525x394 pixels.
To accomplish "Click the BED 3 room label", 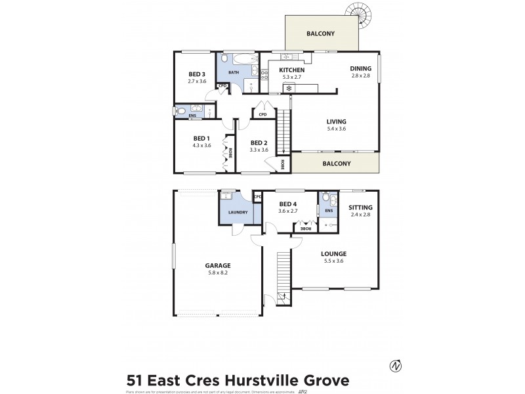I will coord(197,74).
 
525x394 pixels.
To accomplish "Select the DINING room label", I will coord(360,68).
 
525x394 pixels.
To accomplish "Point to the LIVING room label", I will coord(336,121).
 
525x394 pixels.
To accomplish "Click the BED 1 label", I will coord(201,138).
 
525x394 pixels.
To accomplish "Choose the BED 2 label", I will coord(259,142).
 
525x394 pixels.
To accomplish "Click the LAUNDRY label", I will coord(238,212).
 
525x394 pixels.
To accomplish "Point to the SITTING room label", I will coord(360,207).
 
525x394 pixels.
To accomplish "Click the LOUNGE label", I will coord(333,253).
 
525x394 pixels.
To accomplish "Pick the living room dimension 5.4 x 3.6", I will coord(336,129).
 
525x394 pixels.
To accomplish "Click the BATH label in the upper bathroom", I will coord(234,72).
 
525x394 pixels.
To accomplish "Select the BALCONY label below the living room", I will coord(336,164).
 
